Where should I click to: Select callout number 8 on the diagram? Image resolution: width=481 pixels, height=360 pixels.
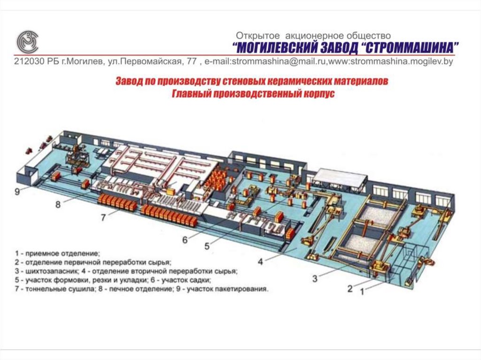click(58, 204)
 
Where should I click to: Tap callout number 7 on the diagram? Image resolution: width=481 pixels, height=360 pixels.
click(104, 217)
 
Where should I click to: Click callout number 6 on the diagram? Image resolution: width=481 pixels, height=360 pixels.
click(185, 239)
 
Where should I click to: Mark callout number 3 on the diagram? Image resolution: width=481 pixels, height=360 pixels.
click(315, 278)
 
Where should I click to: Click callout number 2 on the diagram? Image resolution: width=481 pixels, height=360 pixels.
click(349, 289)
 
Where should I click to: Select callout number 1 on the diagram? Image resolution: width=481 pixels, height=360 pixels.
click(362, 291)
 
